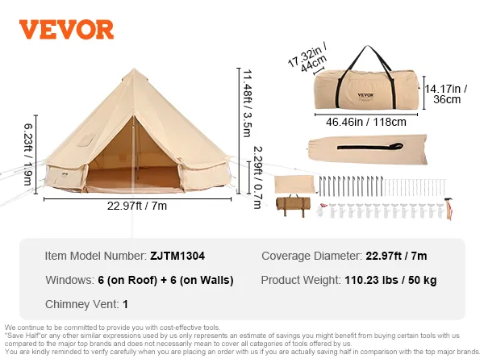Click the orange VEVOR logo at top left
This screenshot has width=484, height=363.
66,29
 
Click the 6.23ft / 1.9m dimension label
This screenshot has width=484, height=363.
28,153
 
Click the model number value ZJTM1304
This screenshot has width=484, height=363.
177,256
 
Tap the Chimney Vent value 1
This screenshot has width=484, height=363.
125,305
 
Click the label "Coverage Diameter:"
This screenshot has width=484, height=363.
310,256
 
